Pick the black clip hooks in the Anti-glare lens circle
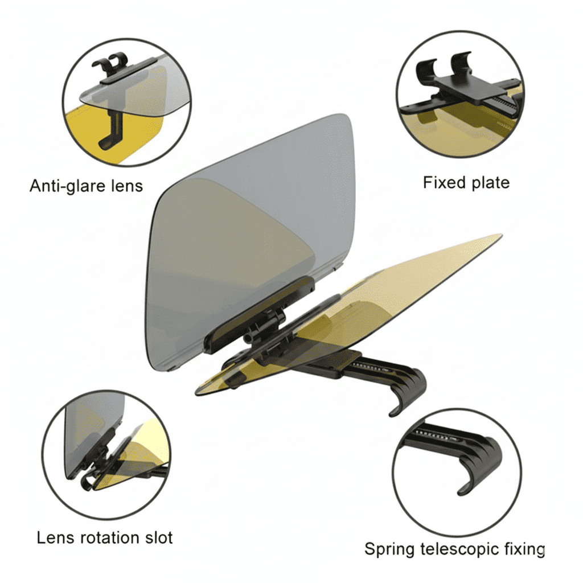pos(110,63)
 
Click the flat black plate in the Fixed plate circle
pos(469,87)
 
